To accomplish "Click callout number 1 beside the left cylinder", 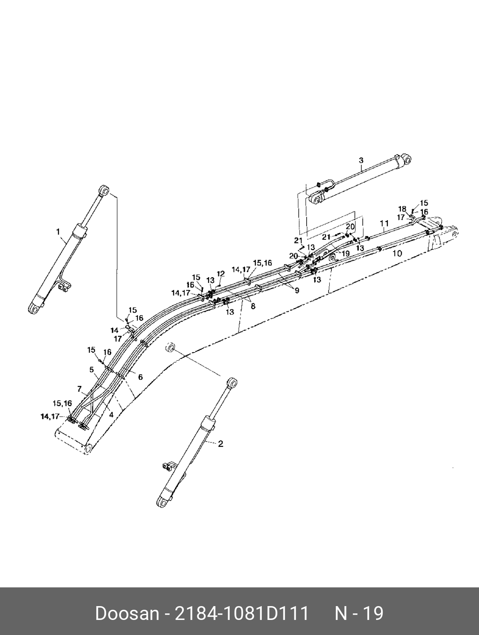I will click(x=58, y=232).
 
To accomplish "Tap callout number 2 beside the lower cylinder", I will click(x=220, y=444).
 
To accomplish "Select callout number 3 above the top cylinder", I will click(x=361, y=160).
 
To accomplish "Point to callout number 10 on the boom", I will click(x=397, y=253).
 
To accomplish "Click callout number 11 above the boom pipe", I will click(x=384, y=223).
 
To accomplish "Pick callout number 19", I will click(x=346, y=253).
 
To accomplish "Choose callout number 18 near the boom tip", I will click(x=402, y=209).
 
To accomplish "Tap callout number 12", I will click(x=220, y=274).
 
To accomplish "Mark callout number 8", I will click(x=253, y=306).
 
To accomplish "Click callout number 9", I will click(x=297, y=290).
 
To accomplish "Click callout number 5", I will click(x=92, y=369).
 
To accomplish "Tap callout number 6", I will click(x=140, y=377).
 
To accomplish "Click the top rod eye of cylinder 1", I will click(x=104, y=190).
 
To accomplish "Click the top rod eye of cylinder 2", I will click(x=232, y=383).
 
